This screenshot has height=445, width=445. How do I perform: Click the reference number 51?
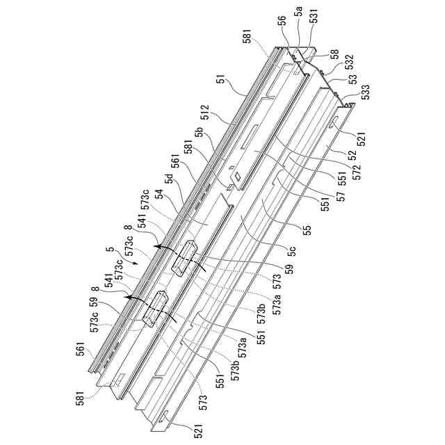tap(221, 81)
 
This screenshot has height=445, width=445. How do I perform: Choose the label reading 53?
tap(353, 79)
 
